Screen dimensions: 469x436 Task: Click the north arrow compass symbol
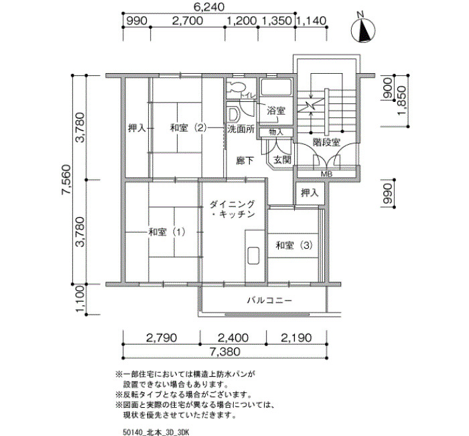(363, 30)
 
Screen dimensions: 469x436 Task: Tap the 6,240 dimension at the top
(210, 7)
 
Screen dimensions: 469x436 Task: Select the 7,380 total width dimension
(225, 351)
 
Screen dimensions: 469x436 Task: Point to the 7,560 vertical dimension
(66, 179)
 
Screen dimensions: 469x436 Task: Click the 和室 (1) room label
(167, 232)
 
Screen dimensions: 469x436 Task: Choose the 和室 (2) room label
(188, 128)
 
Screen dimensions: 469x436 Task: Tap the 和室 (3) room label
(294, 246)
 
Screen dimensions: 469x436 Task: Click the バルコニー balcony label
(269, 301)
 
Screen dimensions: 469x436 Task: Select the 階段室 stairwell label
(326, 142)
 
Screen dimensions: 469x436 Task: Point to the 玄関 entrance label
(282, 160)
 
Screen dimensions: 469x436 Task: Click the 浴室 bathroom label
(276, 111)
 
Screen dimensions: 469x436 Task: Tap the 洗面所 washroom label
(241, 129)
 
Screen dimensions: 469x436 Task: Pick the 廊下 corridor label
(245, 161)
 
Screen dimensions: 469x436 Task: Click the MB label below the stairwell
(327, 174)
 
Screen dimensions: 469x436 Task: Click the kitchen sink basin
(253, 256)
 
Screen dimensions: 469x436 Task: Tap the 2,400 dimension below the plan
(233, 338)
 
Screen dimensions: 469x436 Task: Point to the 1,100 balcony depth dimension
(80, 299)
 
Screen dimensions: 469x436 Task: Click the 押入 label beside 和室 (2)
(137, 128)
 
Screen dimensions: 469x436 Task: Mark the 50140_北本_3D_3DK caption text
(156, 432)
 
